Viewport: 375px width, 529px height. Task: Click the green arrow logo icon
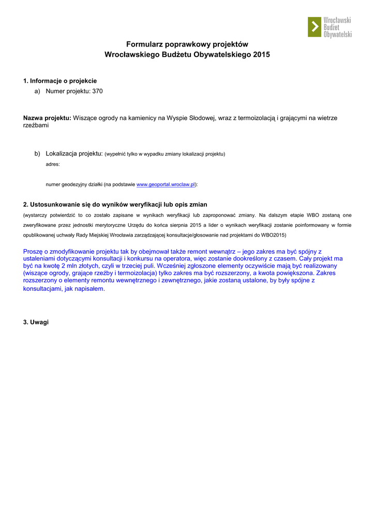pyautogui.click(x=314, y=27)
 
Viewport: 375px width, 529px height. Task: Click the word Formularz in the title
pyautogui.click(x=144, y=44)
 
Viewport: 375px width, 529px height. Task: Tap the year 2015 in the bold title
pyautogui.click(x=261, y=54)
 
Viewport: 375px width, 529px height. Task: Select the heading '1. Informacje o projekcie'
pyautogui.click(x=60, y=81)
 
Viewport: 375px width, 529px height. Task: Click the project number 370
pyautogui.click(x=98, y=91)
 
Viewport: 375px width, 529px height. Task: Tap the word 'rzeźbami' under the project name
pyautogui.click(x=36, y=126)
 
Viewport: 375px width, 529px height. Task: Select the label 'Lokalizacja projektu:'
pyautogui.click(x=74, y=153)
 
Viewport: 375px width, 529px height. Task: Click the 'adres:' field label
pyautogui.click(x=53, y=164)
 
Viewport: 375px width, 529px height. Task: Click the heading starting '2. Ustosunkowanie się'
pyautogui.click(x=115, y=205)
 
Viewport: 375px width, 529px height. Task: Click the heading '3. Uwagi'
pyautogui.click(x=36, y=322)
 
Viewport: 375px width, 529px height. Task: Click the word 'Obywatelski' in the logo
pyautogui.click(x=337, y=34)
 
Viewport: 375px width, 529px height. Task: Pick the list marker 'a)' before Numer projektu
pyautogui.click(x=38, y=91)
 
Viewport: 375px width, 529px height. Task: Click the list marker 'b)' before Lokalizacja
pyautogui.click(x=38, y=153)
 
